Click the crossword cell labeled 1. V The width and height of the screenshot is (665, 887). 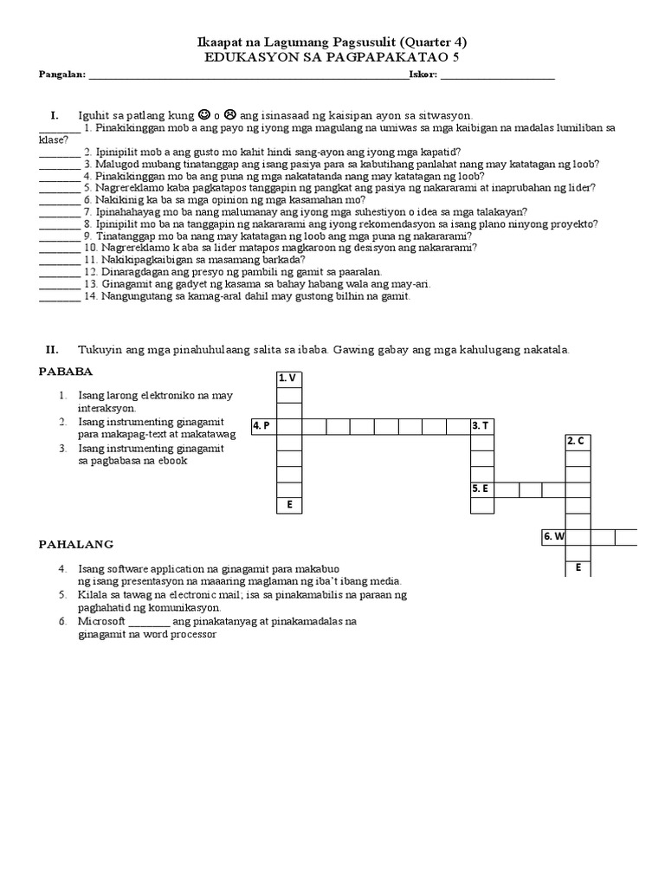coord(289,379)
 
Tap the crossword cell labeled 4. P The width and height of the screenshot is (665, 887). coord(263,426)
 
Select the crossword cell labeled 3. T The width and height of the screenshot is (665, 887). coord(481,426)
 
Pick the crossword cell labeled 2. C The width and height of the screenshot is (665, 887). coord(578,442)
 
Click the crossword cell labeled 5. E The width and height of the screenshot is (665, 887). coord(481,489)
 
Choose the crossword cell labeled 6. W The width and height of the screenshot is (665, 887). coord(554,537)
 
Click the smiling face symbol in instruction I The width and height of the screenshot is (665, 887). coord(203,113)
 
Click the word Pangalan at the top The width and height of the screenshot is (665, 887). coord(62,75)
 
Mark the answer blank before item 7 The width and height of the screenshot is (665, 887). coord(60,211)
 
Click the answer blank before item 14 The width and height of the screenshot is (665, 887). coord(60,296)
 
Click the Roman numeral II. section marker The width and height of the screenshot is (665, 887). coord(52,349)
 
